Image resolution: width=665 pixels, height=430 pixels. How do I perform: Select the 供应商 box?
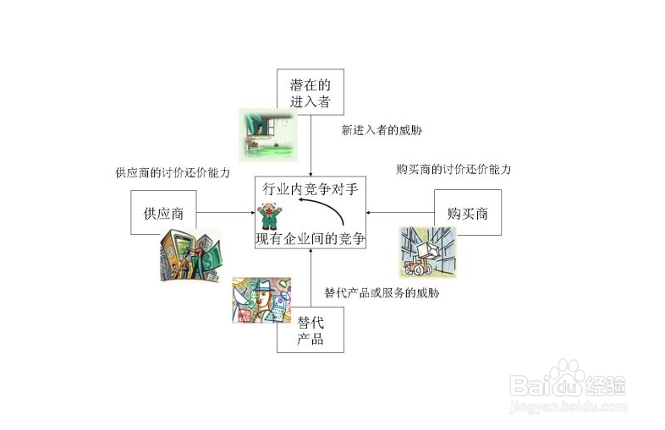pos(163,213)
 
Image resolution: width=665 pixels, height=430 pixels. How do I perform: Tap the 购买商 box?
pos(467,213)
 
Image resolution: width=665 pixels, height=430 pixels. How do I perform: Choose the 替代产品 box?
pos(311,329)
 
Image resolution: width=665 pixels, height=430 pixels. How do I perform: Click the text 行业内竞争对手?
pos(311,189)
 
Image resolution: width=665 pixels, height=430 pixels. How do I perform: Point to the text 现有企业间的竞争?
pos(311,238)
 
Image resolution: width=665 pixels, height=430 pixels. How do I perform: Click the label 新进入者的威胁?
pos(382,131)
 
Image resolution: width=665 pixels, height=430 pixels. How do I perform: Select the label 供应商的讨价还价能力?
pos(173,172)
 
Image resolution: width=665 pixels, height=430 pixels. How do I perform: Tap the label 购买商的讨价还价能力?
pos(453,169)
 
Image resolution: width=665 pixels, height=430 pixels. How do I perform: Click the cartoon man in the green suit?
pos(270,215)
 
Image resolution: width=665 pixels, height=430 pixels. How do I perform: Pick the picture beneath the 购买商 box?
pos(427,252)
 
